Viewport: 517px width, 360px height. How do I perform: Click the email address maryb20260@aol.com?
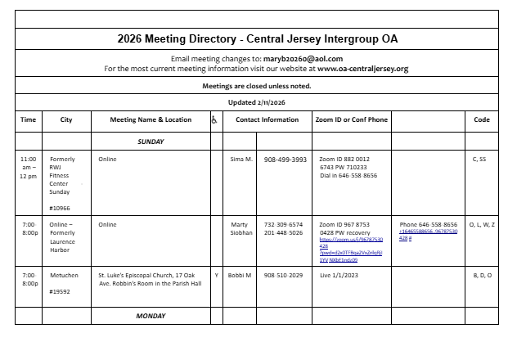(303, 59)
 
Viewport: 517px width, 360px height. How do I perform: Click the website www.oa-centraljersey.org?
(363, 69)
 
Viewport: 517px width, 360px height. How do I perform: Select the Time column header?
(29, 119)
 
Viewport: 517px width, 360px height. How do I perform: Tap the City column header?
(66, 119)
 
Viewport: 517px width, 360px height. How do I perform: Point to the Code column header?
(482, 119)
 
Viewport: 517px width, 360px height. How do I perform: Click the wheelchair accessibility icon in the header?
(214, 120)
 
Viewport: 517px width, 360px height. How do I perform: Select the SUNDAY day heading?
(151, 142)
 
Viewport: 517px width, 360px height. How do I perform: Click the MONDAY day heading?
(151, 314)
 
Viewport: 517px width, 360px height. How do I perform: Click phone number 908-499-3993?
(285, 159)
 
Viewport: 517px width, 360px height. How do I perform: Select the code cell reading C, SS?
(479, 159)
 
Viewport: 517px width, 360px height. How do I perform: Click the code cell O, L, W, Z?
(480, 224)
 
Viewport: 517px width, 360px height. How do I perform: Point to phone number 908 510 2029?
(283, 276)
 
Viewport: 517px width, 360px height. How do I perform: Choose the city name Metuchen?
(65, 276)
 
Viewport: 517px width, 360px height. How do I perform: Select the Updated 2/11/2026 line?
(256, 101)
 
